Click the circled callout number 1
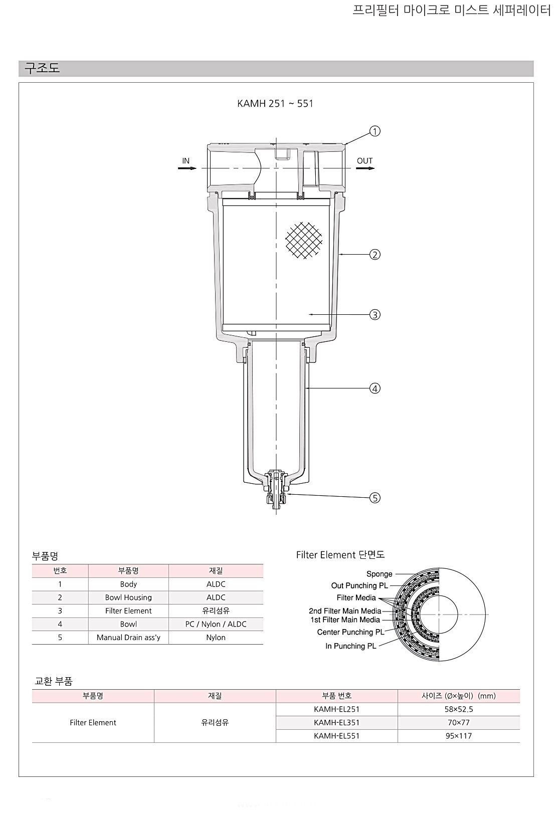click(x=375, y=131)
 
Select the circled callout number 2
click(x=375, y=255)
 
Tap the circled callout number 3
click(x=375, y=315)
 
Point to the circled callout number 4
click(x=375, y=388)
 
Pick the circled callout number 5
click(x=375, y=498)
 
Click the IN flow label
click(x=186, y=160)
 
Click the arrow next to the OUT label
click(x=365, y=168)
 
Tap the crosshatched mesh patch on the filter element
click(x=304, y=241)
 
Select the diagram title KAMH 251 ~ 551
click(x=275, y=104)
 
